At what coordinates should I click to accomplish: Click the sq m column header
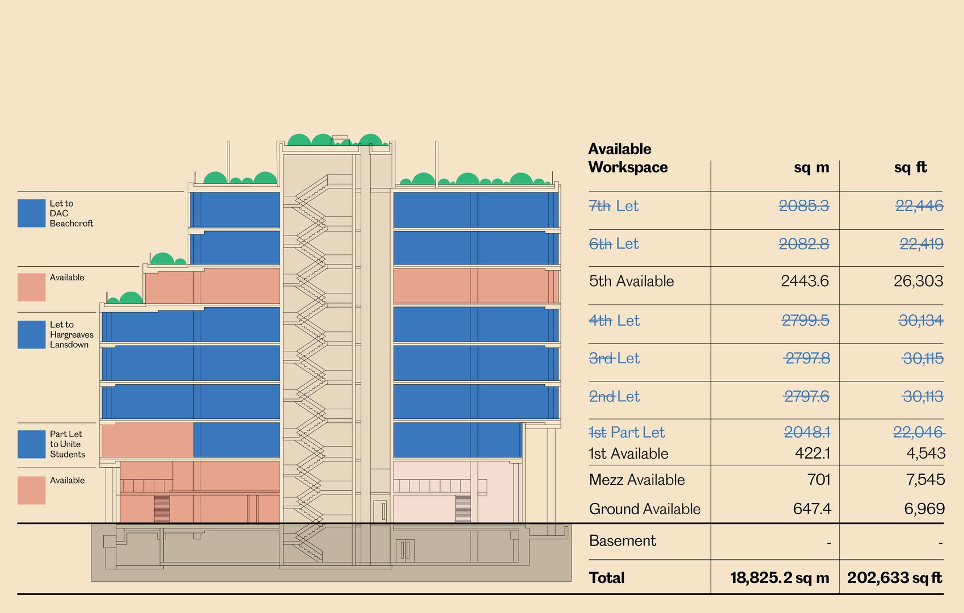tap(811, 167)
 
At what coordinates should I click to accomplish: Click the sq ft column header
tap(910, 167)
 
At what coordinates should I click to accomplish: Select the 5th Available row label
tap(631, 282)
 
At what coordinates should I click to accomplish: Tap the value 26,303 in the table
tap(918, 281)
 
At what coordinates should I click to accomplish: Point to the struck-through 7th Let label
tap(614, 206)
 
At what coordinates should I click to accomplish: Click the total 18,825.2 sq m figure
tap(779, 578)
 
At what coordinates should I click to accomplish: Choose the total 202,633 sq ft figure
tap(894, 578)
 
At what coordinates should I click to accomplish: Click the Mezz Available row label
tap(637, 480)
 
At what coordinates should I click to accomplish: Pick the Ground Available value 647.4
tap(811, 509)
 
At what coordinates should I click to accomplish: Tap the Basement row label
tap(622, 541)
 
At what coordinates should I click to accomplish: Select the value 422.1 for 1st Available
tap(813, 453)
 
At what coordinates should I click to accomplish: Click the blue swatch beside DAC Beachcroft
tap(32, 213)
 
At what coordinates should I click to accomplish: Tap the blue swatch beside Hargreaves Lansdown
tap(32, 335)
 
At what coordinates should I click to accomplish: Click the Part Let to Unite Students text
tap(67, 444)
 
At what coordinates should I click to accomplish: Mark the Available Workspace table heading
tap(628, 158)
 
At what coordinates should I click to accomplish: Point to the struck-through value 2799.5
tap(805, 321)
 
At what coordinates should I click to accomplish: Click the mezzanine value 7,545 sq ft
tap(925, 480)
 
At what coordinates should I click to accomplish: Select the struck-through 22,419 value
tap(921, 244)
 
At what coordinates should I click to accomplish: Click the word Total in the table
tap(607, 578)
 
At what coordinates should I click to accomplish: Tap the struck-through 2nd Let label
tap(614, 397)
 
